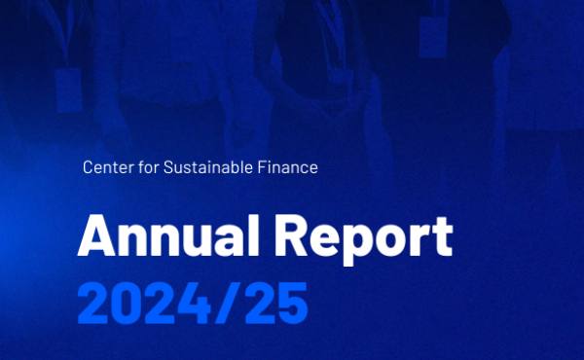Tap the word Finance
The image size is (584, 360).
[x=289, y=168]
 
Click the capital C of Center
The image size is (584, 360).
[x=89, y=168]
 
